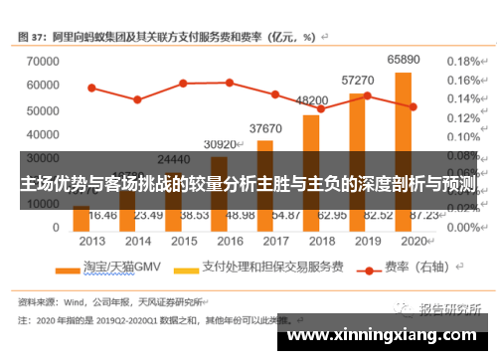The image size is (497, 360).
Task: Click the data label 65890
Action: point(403,60)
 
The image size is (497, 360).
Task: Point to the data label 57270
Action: point(358,80)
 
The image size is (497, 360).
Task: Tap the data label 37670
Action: point(265,128)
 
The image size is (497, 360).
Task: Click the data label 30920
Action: point(221,144)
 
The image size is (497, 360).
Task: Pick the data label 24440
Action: point(175,159)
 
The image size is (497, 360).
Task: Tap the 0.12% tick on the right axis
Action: point(463,117)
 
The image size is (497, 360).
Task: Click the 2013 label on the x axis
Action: point(91,240)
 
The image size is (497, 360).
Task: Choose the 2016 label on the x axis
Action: point(229,240)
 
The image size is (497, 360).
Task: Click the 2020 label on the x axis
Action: point(411,240)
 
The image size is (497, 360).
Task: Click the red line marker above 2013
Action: point(91,88)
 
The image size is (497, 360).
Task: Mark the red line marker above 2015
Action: point(183,83)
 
